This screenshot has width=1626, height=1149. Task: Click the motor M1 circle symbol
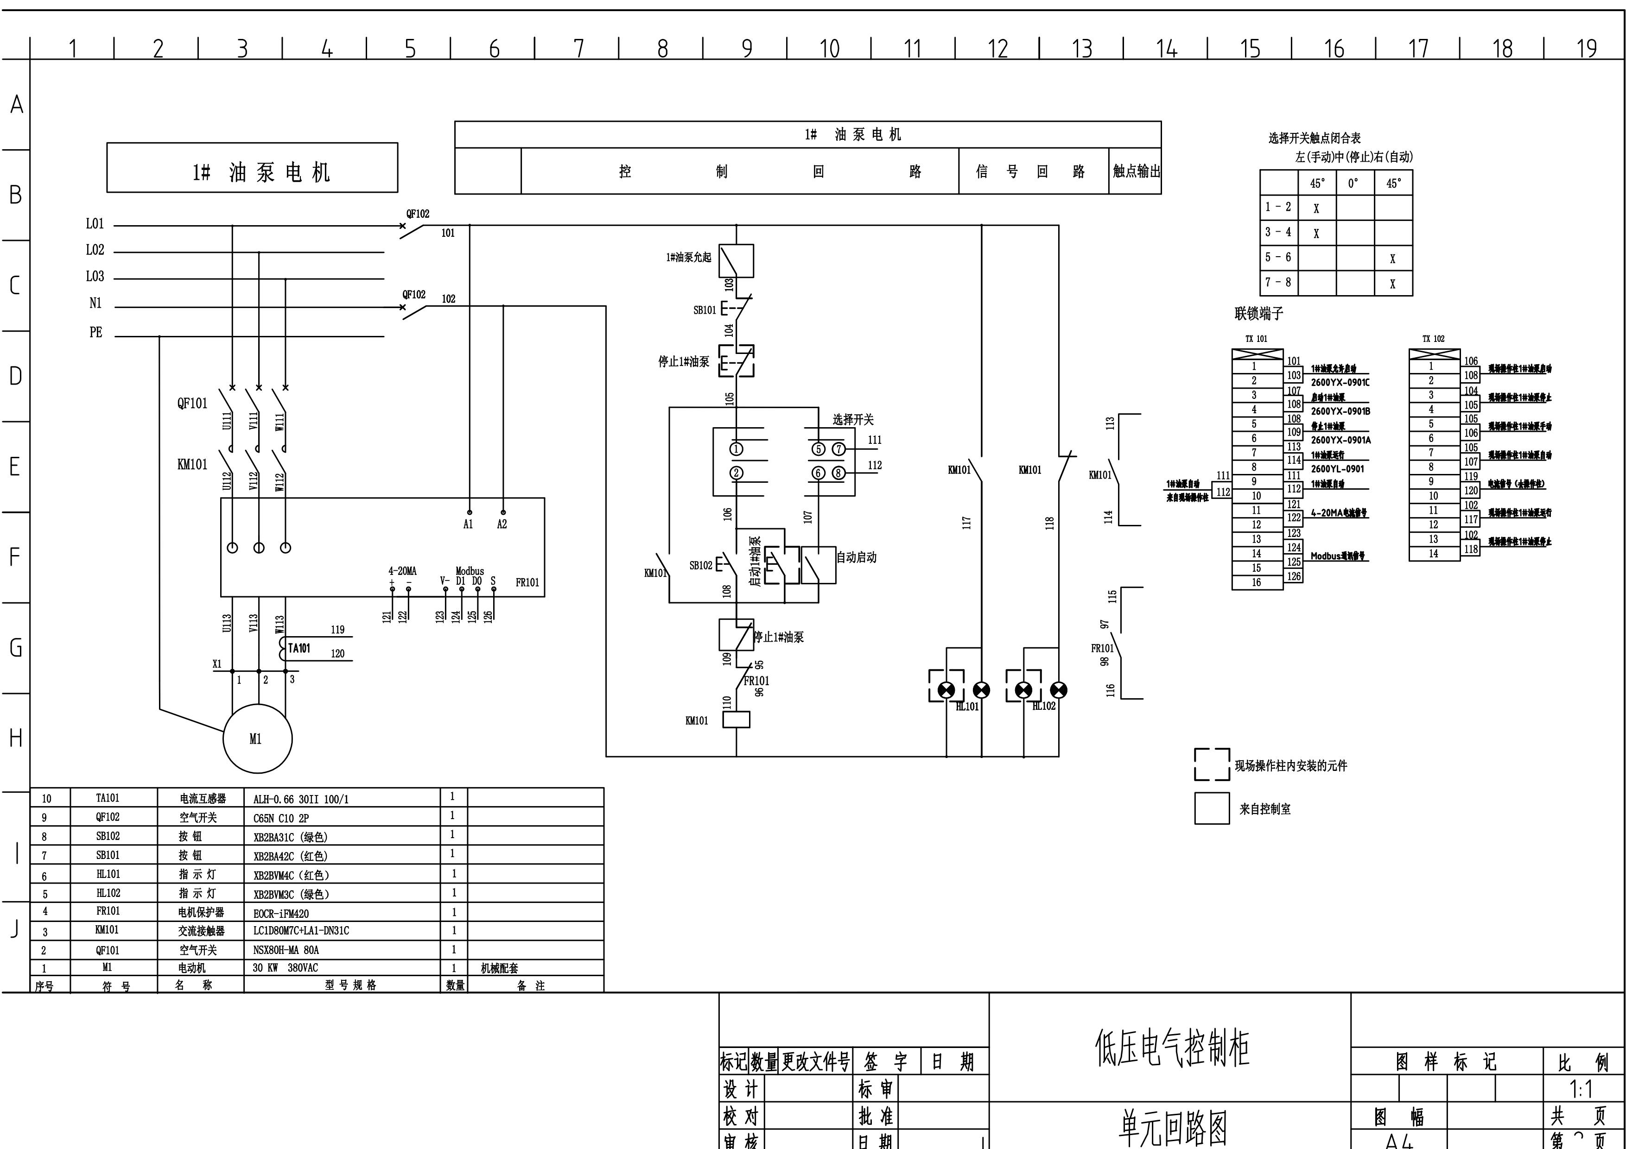click(x=257, y=739)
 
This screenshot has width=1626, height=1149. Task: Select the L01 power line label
click(x=95, y=224)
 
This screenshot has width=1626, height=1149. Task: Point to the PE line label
click(x=95, y=332)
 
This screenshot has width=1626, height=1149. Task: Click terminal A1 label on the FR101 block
click(x=468, y=524)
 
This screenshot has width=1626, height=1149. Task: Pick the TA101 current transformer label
click(x=299, y=648)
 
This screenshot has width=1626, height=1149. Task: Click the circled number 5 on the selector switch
click(x=818, y=449)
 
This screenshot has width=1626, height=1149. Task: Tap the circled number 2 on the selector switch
click(x=737, y=473)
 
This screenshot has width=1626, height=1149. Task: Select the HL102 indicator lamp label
click(x=1044, y=706)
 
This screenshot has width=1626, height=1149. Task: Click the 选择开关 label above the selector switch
click(x=853, y=420)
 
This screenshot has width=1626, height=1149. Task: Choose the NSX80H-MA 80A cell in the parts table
click(x=286, y=950)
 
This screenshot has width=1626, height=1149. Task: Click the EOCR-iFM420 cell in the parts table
click(x=281, y=913)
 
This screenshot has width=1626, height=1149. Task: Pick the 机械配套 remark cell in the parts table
click(x=499, y=968)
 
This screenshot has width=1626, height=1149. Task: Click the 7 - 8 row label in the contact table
click(x=1278, y=282)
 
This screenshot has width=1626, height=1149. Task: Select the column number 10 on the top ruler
click(x=829, y=49)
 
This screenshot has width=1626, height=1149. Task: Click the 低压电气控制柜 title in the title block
click(x=1172, y=1048)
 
